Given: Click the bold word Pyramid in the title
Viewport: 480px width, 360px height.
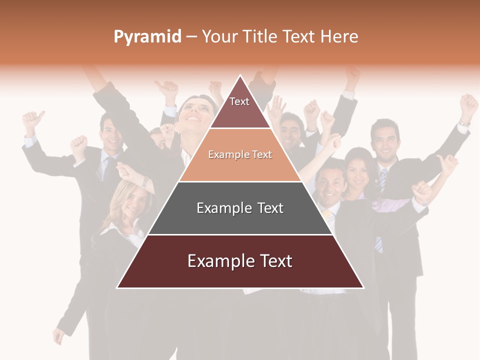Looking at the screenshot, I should click(x=147, y=37).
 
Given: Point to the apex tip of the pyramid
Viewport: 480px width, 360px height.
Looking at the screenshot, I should click(x=240, y=76).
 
